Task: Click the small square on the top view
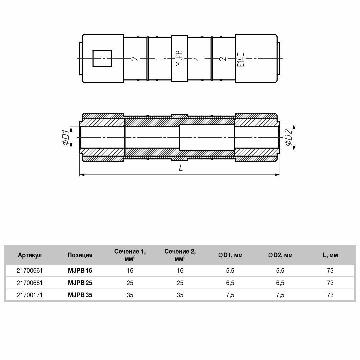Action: click(x=102, y=58)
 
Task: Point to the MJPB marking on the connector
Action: click(x=179, y=58)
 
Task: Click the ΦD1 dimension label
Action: click(x=66, y=138)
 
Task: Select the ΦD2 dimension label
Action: click(x=288, y=138)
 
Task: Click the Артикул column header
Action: click(x=30, y=255)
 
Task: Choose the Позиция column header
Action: click(x=80, y=255)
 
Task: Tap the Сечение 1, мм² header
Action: click(x=130, y=255)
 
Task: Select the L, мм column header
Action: click(x=330, y=255)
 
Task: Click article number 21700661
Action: click(x=30, y=271)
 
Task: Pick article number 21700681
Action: click(x=30, y=283)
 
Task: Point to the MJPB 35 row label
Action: click(x=80, y=295)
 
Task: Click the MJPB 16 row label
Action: click(x=80, y=271)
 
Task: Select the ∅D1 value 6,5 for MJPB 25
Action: click(x=230, y=283)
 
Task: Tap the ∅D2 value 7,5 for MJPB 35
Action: click(x=280, y=295)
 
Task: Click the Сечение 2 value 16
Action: click(x=180, y=271)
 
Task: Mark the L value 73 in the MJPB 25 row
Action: click(x=330, y=283)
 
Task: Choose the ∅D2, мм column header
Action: click(x=280, y=255)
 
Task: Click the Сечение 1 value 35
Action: click(x=130, y=295)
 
